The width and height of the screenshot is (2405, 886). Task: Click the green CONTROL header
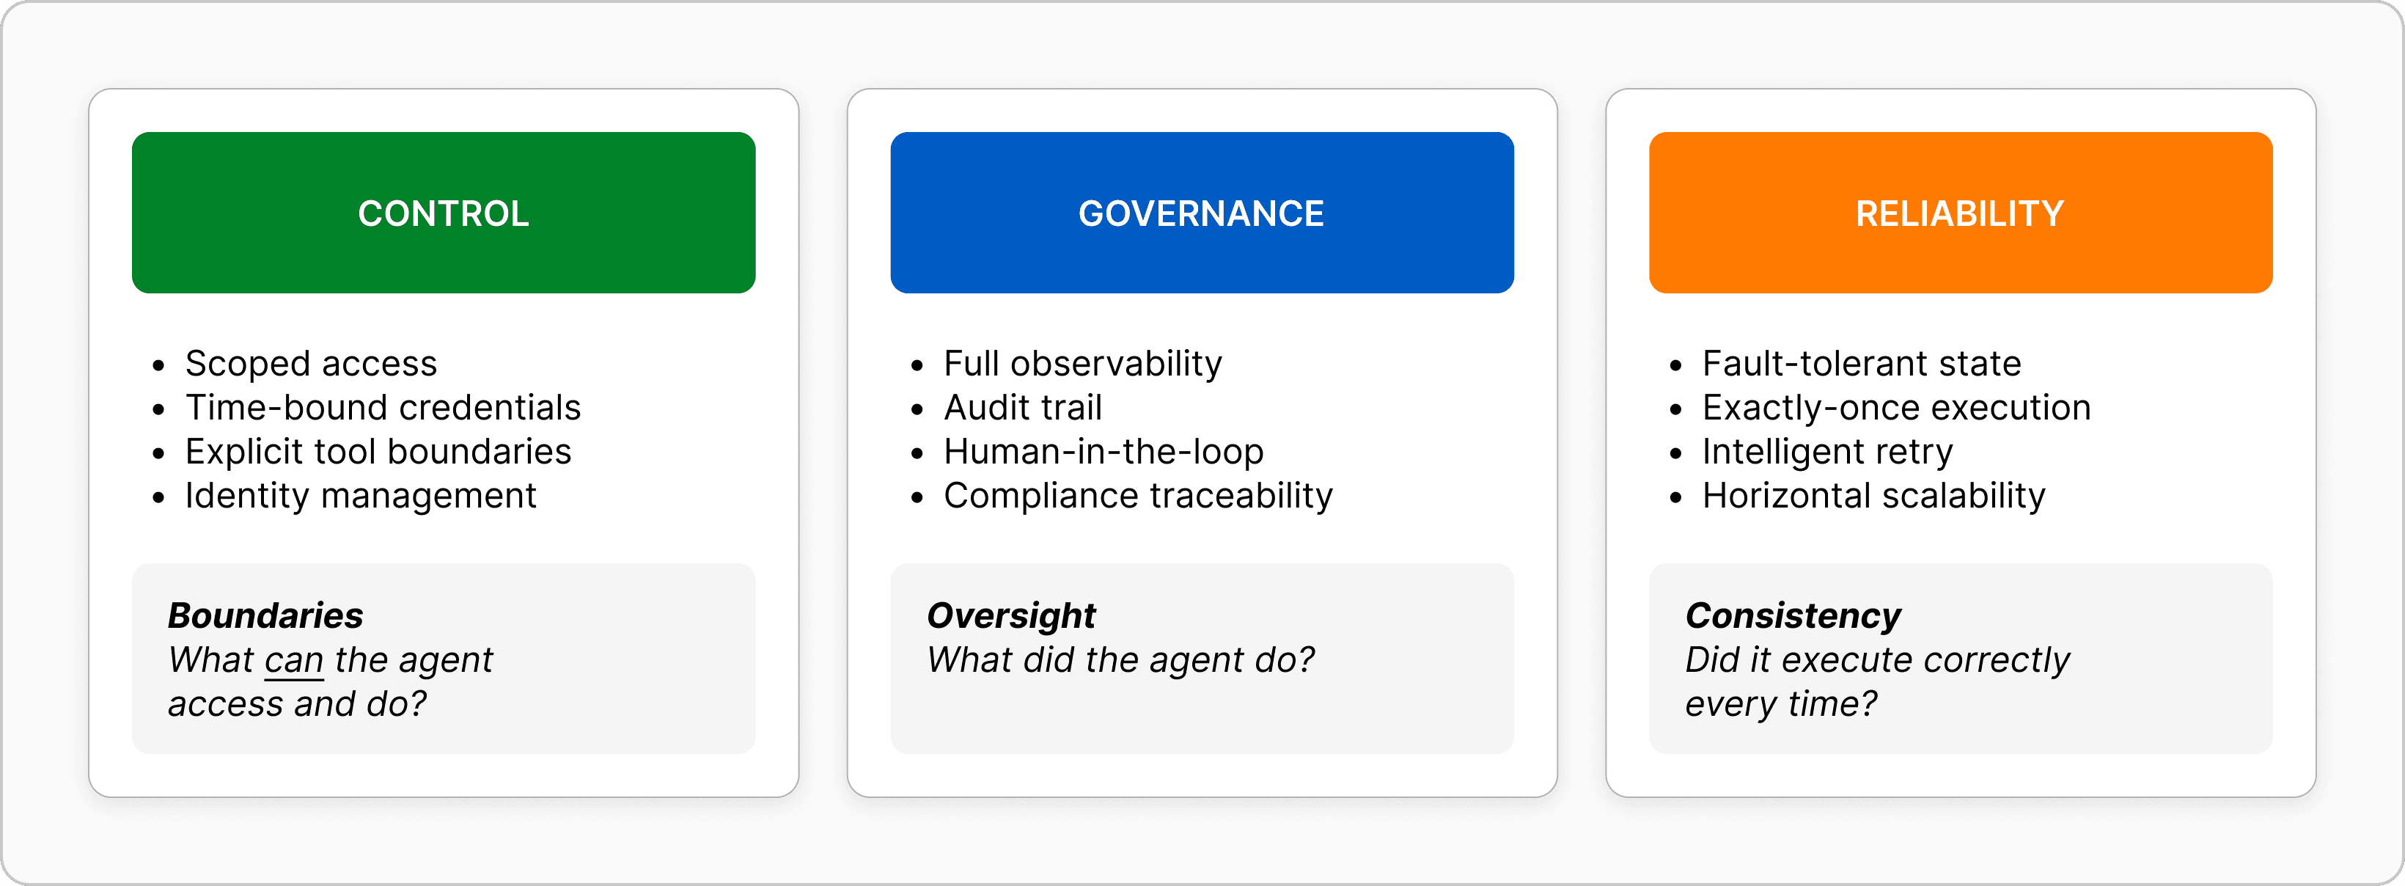pos(444,213)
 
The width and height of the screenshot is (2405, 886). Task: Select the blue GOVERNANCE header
pos(1202,213)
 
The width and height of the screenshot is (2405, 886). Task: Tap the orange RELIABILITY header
pos(1960,213)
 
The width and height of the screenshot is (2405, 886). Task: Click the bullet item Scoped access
pos(311,363)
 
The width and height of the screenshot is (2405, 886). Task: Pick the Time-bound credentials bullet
pos(383,407)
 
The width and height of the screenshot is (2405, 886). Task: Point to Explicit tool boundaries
pos(378,451)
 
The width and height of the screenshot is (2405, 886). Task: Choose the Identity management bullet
pos(360,495)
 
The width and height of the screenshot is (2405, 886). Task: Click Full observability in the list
pos(1082,363)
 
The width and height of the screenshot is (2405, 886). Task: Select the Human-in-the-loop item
pos(1104,451)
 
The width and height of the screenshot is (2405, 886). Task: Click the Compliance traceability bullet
pos(1138,495)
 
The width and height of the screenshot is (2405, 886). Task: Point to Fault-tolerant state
pos(1862,363)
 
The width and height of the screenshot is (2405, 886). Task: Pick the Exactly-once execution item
pos(1896,407)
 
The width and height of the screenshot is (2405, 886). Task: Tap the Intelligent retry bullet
pos(1827,451)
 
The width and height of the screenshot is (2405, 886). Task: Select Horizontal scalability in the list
pos(1873,495)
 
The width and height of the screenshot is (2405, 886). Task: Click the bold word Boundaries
pos(265,615)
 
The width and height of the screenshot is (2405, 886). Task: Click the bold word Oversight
pos(1011,615)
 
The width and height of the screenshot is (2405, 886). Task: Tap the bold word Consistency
pos(1793,615)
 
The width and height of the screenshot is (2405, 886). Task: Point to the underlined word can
pos(294,660)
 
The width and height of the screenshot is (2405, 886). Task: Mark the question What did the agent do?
pos(1120,660)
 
